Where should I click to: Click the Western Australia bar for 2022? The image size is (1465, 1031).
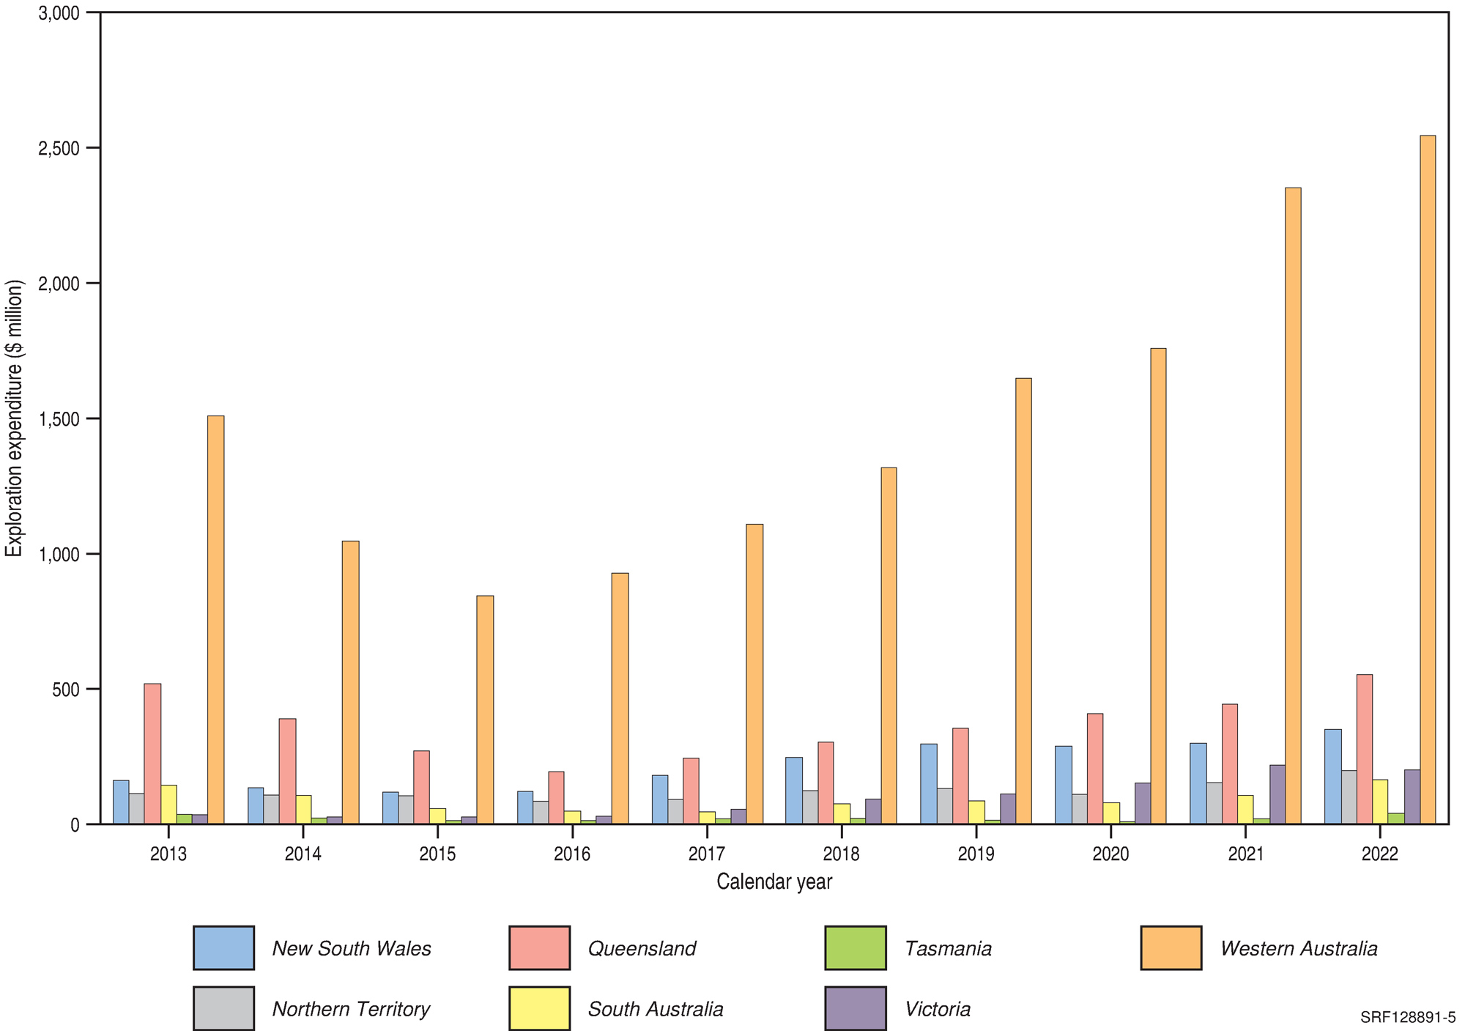(1428, 480)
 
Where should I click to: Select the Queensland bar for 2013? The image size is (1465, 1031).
(152, 754)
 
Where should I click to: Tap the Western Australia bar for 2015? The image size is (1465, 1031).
(485, 710)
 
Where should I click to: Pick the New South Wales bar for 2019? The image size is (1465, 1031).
(929, 784)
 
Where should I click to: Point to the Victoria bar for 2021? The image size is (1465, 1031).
(1277, 795)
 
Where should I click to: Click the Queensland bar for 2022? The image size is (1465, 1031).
(1365, 750)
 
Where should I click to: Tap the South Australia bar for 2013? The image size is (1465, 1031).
(168, 805)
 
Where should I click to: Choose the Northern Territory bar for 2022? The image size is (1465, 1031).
(1349, 797)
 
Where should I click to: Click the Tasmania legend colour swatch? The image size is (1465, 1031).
(855, 948)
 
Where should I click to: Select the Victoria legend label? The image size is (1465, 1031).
(938, 1009)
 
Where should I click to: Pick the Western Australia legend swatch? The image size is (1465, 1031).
(1171, 948)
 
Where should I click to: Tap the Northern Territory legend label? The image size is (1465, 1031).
(351, 1009)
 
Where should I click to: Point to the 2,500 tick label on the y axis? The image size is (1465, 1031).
(59, 148)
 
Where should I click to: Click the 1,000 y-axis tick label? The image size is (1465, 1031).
(59, 554)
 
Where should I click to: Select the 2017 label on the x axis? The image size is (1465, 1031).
(707, 854)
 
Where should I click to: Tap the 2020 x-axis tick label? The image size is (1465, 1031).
(1110, 854)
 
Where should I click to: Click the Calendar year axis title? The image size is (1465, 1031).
(774, 882)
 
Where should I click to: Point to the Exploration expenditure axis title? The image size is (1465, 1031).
(15, 418)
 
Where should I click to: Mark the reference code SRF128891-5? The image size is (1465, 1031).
(1408, 1018)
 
